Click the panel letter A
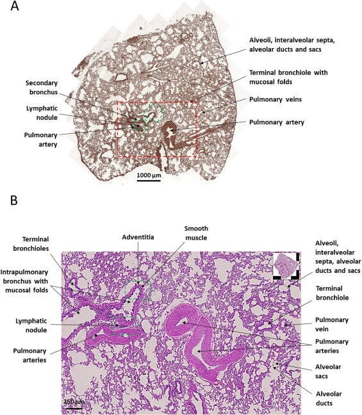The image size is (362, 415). pos(15,6)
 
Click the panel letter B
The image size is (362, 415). pos(14,200)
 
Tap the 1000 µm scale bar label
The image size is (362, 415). pos(149,175)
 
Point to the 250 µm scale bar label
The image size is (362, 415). pos(74,402)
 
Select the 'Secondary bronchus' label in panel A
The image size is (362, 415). pos(42,88)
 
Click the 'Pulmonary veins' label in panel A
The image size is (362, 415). pos(276,99)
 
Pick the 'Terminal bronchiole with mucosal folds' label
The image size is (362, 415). pos(288,77)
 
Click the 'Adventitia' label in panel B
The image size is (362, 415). pos(138,237)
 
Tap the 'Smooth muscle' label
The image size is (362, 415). pos(196,233)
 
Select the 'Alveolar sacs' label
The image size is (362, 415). pos(328,371)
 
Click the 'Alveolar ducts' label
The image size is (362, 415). pos(329,398)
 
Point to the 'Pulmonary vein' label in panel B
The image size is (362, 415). pos(331,324)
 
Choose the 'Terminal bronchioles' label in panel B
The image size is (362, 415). pos(31,244)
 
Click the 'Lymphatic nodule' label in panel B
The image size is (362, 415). pos(31,325)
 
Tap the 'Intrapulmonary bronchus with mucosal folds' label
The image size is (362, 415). pos(24,281)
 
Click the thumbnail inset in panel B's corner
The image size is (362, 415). pos(286,266)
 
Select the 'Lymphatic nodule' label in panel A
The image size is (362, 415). pos(42,113)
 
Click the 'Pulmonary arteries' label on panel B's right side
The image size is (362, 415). pos(331,346)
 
